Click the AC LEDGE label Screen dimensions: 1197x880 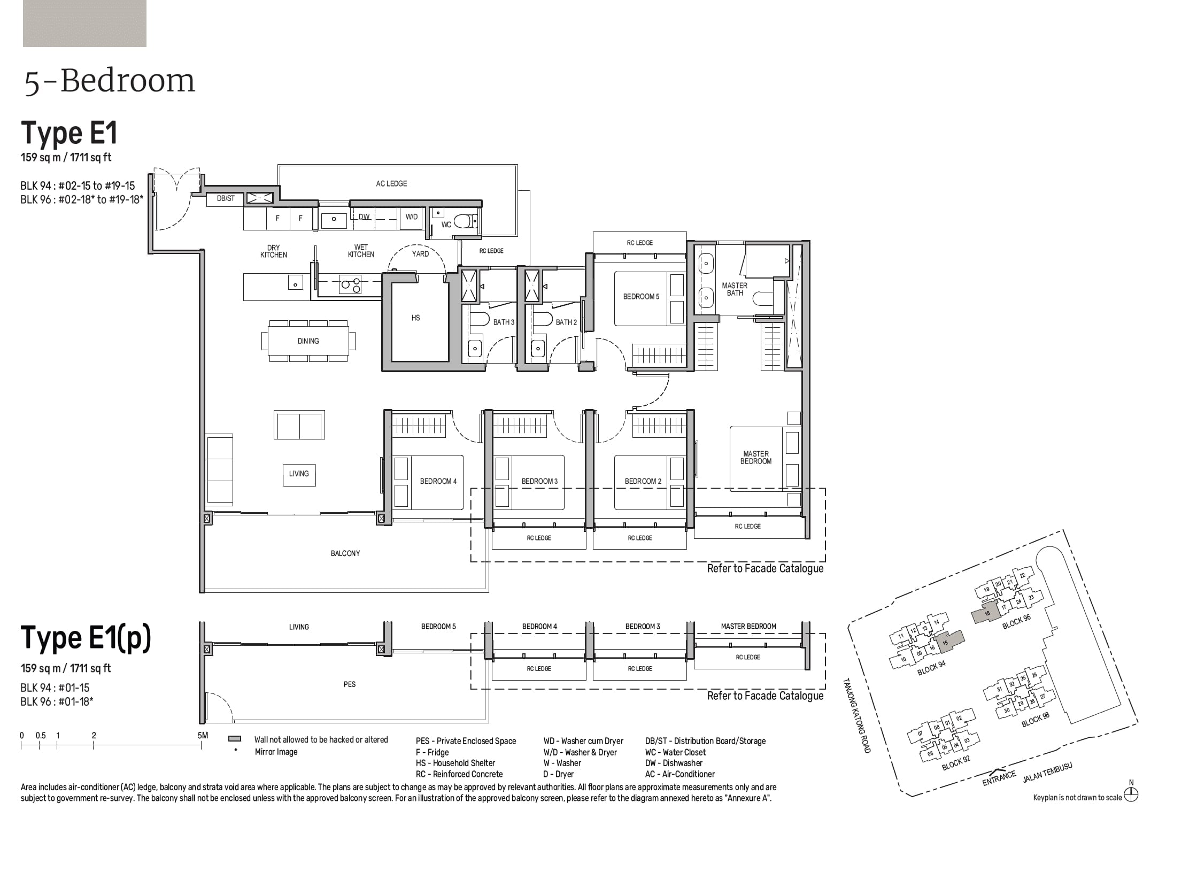pos(391,183)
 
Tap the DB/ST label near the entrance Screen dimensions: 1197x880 pos(226,198)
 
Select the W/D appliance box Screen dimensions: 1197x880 pos(411,217)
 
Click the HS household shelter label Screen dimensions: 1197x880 pos(416,318)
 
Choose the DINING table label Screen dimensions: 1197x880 pos(308,341)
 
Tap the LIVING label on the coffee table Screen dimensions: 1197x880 pos(299,474)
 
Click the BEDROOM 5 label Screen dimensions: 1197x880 pos(641,296)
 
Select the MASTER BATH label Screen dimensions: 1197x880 pos(735,289)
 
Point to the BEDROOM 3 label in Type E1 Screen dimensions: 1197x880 pos(539,481)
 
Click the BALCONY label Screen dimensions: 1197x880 pos(345,553)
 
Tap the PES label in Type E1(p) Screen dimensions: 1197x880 pos(350,684)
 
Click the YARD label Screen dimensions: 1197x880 pos(420,254)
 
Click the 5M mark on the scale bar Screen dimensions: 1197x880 pos(202,736)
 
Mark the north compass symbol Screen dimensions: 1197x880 pos(1131,795)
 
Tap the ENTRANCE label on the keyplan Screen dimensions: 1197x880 pos(999,779)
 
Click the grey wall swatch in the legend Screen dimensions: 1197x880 pos(235,739)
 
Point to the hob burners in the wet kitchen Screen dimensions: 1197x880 pos(351,285)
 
